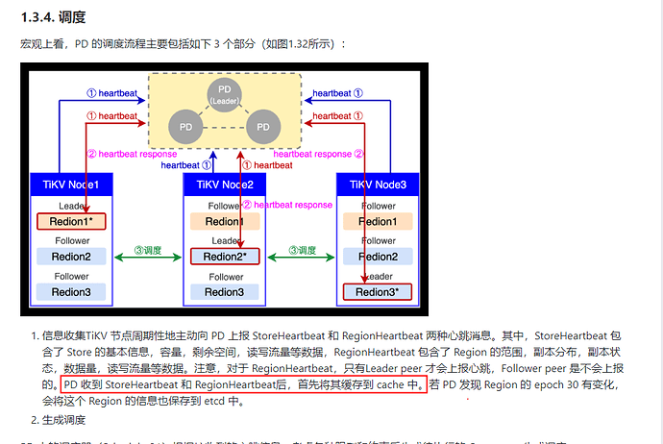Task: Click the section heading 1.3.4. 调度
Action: [x=54, y=17]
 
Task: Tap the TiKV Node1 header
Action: [x=70, y=185]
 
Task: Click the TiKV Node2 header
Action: [x=224, y=185]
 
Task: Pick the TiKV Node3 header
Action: [x=377, y=185]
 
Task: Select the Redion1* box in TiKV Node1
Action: [x=71, y=222]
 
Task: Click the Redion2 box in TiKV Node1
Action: [x=71, y=257]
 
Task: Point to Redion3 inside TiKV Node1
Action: [x=71, y=291]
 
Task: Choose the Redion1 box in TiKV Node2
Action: [x=224, y=222]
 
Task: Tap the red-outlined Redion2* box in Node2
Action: [x=224, y=257]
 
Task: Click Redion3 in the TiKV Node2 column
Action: [x=224, y=291]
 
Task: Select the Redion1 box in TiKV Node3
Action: [x=377, y=222]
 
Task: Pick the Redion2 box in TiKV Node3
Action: [x=377, y=257]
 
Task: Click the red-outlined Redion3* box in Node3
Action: [x=377, y=291]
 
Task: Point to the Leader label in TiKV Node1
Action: [x=71, y=206]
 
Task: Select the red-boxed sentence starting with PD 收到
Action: [x=242, y=384]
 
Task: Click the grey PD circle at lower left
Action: [x=184, y=126]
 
